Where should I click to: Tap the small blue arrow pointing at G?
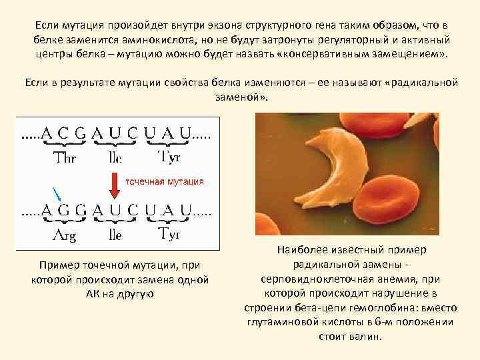coord(58,194)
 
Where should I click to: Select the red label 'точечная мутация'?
coord(165,181)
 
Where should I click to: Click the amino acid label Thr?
coord(64,159)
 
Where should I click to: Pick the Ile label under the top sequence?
coord(115,159)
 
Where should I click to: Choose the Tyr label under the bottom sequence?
coord(169,233)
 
